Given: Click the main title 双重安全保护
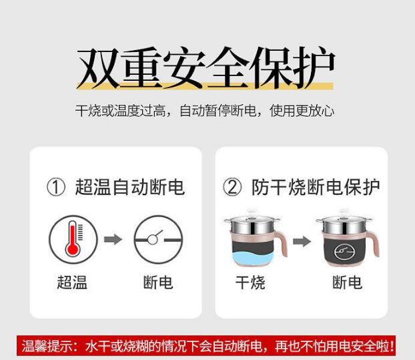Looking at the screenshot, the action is coord(205,67).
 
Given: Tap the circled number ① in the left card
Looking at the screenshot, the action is coord(56,187).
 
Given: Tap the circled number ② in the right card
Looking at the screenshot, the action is coord(232,187).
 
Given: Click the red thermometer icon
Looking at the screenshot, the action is coord(73,239).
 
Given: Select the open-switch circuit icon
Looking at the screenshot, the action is coord(158,239).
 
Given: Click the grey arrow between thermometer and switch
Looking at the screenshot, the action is coord(113,240).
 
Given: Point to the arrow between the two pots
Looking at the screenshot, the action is coord(302,241).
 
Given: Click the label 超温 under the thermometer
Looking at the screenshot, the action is coord(72,282).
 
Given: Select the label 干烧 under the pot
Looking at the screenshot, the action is coord(250,283).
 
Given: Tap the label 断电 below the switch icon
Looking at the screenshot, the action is coord(158,282).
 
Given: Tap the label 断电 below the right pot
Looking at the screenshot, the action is coord(347,282).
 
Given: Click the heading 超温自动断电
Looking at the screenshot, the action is coord(129,187).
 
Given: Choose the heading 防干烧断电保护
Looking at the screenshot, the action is coord(316,187).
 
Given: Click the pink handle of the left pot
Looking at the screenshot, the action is coord(282,242).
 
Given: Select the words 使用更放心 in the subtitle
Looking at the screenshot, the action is coord(302,110).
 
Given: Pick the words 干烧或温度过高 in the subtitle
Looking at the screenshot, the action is coord(120,110).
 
